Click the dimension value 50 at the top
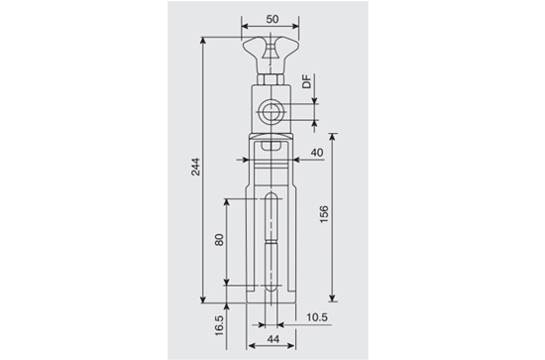tap(272, 19)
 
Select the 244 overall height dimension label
tap(196, 167)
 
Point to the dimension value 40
tap(317, 153)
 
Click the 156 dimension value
tap(324, 214)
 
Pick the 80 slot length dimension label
tap(219, 240)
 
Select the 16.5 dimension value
tap(219, 325)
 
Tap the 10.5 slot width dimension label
tap(317, 317)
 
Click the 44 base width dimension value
tap(272, 339)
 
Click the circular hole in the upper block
tap(271, 112)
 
